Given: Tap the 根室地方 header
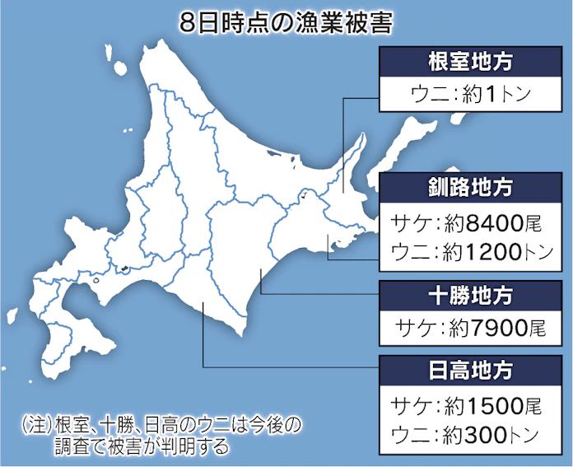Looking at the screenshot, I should pos(470,62).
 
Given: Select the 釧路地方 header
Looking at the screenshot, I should pos(470,187).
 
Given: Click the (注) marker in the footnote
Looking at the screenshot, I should pos(37,426).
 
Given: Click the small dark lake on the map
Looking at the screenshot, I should pos(123,269).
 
